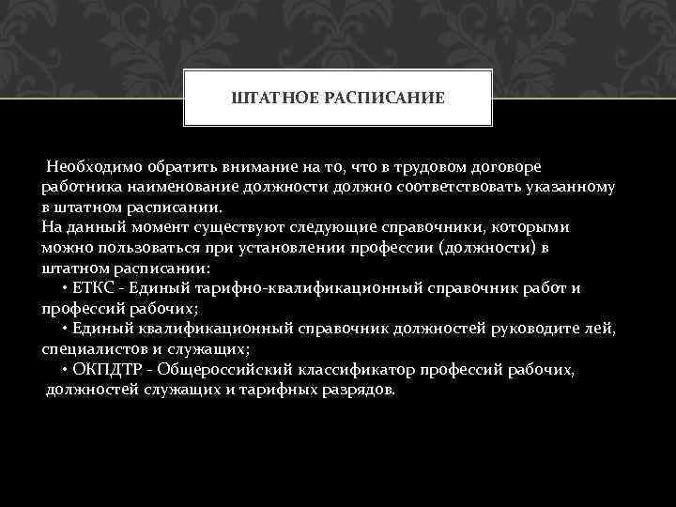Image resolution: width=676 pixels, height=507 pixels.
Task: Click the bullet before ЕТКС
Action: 63,289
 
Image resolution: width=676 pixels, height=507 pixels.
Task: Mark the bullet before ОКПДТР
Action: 63,370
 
